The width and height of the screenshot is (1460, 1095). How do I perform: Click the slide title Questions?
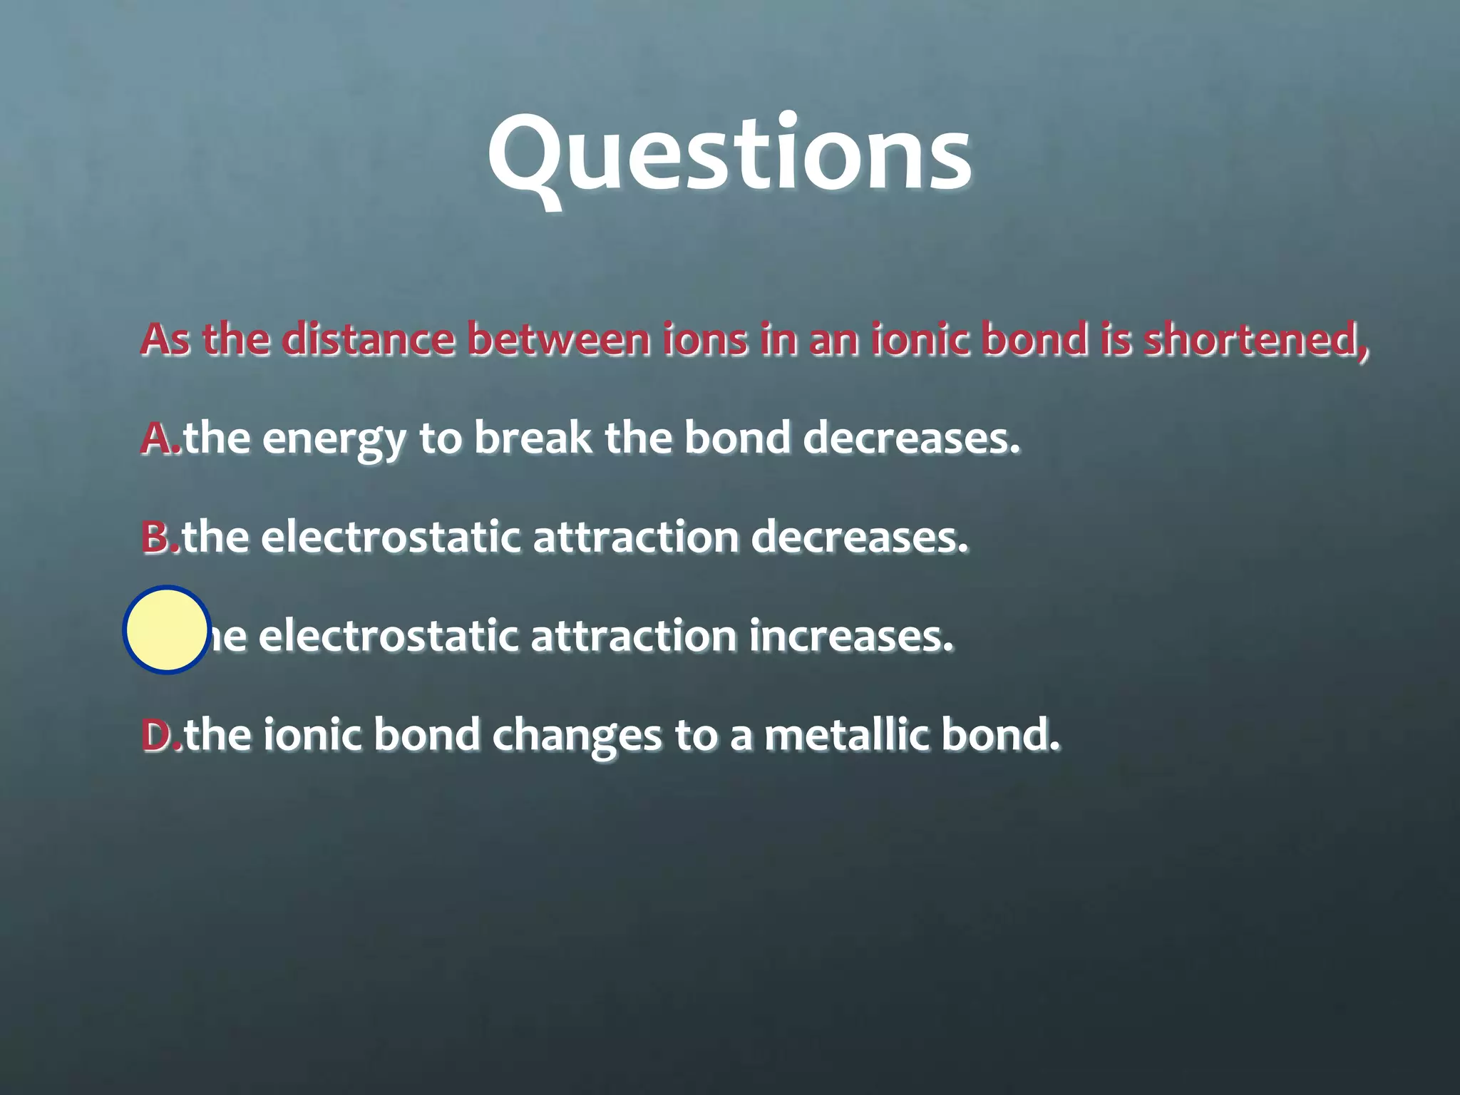click(x=729, y=155)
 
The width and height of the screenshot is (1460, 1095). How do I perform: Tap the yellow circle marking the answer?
click(x=167, y=630)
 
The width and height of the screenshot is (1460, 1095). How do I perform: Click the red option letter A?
click(x=158, y=438)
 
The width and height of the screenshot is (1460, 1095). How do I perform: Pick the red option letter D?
click(x=158, y=735)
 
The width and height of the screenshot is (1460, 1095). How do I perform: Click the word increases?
click(x=850, y=636)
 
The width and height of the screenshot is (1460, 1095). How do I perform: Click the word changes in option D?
click(x=577, y=736)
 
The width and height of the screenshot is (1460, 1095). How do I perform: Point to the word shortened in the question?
click(x=1256, y=339)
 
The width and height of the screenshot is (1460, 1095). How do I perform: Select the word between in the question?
click(x=558, y=339)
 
